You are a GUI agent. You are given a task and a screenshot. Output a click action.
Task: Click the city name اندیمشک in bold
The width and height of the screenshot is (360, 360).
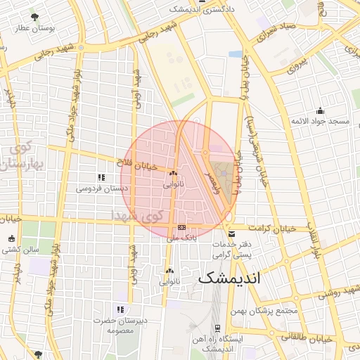(229, 278)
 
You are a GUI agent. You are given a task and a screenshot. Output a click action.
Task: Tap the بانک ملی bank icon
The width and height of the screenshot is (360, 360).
(181, 227)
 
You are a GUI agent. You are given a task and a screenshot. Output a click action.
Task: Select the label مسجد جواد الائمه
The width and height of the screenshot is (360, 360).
(321, 121)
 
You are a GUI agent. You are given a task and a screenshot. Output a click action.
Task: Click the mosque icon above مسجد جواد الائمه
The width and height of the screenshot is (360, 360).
(321, 110)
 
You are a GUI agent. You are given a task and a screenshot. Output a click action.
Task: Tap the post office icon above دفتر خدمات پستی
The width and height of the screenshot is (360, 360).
(231, 234)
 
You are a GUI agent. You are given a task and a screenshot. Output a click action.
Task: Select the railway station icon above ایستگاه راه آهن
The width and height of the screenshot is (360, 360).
(217, 328)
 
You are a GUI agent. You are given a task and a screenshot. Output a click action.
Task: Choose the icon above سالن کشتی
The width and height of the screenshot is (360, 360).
(11, 238)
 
